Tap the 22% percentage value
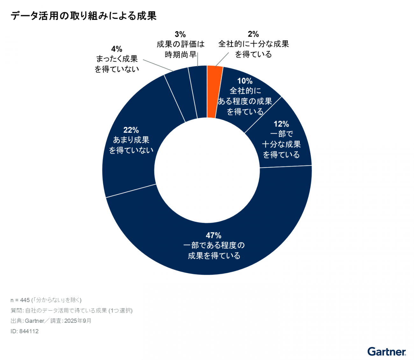[131, 130]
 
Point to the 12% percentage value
[281, 124]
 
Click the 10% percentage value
[245, 81]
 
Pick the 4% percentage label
[117, 49]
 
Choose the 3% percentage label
[180, 34]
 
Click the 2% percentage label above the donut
[253, 34]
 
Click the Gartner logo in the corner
[387, 351]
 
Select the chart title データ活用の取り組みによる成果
[83, 16]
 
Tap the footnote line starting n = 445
[46, 300]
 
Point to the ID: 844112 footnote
[25, 331]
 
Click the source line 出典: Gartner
[51, 321]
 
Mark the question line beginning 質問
[72, 311]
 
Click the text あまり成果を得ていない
[131, 145]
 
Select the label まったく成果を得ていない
[117, 64]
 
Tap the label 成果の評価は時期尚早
[180, 49]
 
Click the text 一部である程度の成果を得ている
[214, 251]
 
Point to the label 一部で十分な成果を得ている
[281, 144]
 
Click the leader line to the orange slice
[222, 60]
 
